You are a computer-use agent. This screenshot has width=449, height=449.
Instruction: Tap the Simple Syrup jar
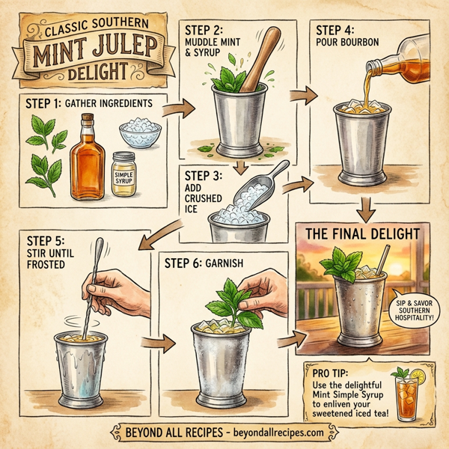click(x=123, y=175)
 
